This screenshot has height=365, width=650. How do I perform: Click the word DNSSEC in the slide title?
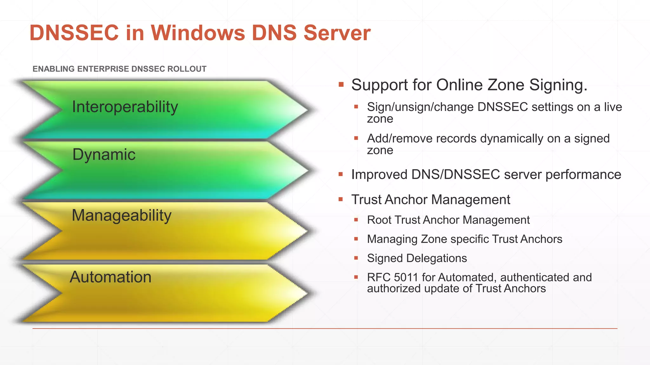coord(74,33)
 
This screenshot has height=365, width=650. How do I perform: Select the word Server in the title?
coord(337,33)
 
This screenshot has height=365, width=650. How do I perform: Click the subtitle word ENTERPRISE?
coord(103,69)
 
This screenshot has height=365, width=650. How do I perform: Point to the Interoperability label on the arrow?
coord(125,107)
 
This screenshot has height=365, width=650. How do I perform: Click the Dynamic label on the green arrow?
coord(104,155)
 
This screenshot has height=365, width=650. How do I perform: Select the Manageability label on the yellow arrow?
coord(122,215)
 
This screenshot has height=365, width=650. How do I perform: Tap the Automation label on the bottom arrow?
coord(110,277)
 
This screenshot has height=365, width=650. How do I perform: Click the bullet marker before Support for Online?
coord(341,85)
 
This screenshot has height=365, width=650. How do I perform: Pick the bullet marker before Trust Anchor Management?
coord(341,200)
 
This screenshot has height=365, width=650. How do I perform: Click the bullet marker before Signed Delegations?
coord(356,258)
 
